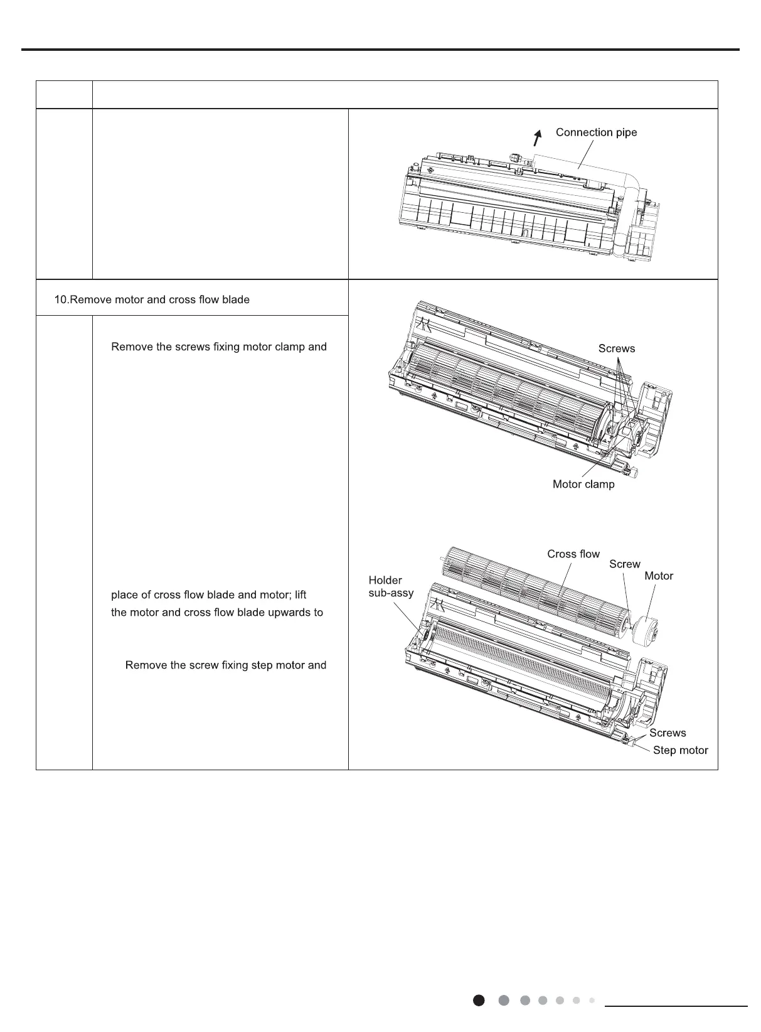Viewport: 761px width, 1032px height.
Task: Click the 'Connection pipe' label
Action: coord(596,132)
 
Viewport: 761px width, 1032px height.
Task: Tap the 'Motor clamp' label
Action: coord(583,484)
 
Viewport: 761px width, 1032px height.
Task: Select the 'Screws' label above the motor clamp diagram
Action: coord(616,348)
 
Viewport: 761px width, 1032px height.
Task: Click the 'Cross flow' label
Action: coord(573,554)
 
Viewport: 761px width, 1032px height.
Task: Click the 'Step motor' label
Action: coord(680,750)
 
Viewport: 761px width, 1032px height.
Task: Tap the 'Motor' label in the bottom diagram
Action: coord(658,576)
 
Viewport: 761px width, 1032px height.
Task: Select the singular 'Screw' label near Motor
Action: coord(624,564)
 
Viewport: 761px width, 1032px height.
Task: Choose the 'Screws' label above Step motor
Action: coord(668,733)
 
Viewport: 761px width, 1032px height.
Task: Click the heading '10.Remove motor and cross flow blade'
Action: coord(152,299)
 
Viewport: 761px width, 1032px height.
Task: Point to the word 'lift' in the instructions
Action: coord(300,594)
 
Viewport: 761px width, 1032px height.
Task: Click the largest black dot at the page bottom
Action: coord(479,1000)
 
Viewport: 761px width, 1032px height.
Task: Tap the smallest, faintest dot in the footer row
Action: coord(591,1000)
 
